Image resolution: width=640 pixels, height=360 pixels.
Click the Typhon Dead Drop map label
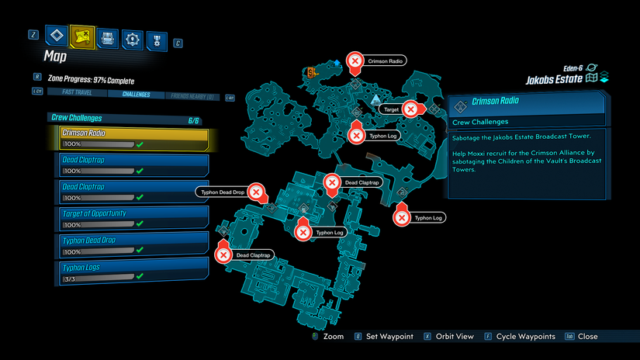(223, 192)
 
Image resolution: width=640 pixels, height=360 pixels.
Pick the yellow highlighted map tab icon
(81, 36)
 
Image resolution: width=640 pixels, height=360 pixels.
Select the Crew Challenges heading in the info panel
(480, 122)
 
